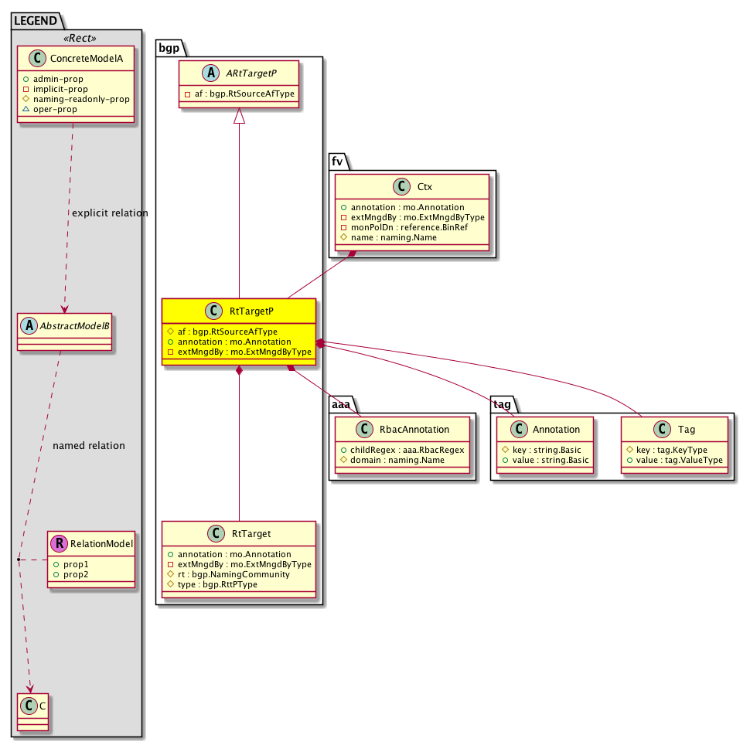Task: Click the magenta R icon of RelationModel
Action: [x=60, y=543]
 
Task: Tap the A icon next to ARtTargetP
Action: [x=210, y=73]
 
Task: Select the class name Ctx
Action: [x=424, y=187]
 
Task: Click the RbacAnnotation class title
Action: [x=414, y=430]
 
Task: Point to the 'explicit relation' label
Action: [x=110, y=213]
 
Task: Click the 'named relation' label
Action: [x=89, y=446]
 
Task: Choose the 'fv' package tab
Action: [x=337, y=162]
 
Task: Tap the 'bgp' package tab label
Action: [x=169, y=48]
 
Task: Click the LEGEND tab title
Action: [x=36, y=21]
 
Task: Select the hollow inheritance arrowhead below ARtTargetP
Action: [x=239, y=116]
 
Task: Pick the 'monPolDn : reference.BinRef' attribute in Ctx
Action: [x=410, y=227]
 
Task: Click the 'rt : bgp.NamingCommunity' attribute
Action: [x=234, y=574]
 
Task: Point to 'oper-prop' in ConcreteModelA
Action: [x=55, y=109]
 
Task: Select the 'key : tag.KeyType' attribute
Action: [x=672, y=450]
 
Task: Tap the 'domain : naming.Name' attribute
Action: [x=397, y=460]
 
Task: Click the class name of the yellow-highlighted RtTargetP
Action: [x=251, y=311]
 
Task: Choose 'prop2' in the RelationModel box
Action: [x=76, y=574]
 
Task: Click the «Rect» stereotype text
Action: [x=80, y=38]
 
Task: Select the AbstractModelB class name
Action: [x=75, y=326]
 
